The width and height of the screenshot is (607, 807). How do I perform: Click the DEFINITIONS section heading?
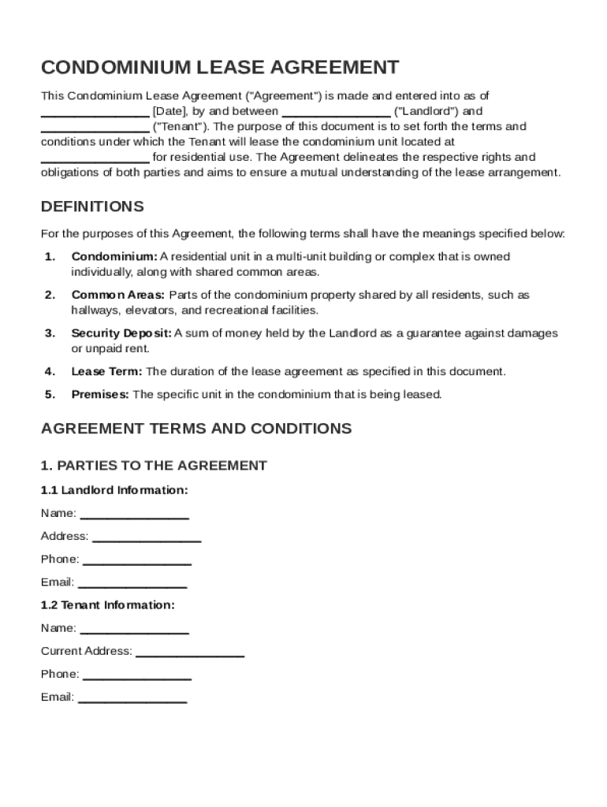pos(92,206)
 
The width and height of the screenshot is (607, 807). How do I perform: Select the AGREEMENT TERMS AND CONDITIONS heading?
pos(196,429)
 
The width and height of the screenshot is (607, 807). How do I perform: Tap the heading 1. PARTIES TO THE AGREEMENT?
pos(154,466)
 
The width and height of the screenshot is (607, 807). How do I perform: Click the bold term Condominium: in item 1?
pos(114,257)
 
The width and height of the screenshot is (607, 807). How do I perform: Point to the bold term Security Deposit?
pos(121,333)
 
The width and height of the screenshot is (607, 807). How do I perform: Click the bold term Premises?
pos(100,394)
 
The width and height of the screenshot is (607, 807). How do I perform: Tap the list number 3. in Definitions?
pos(50,333)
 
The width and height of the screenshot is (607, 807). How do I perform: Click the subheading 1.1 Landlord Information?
pos(114,490)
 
